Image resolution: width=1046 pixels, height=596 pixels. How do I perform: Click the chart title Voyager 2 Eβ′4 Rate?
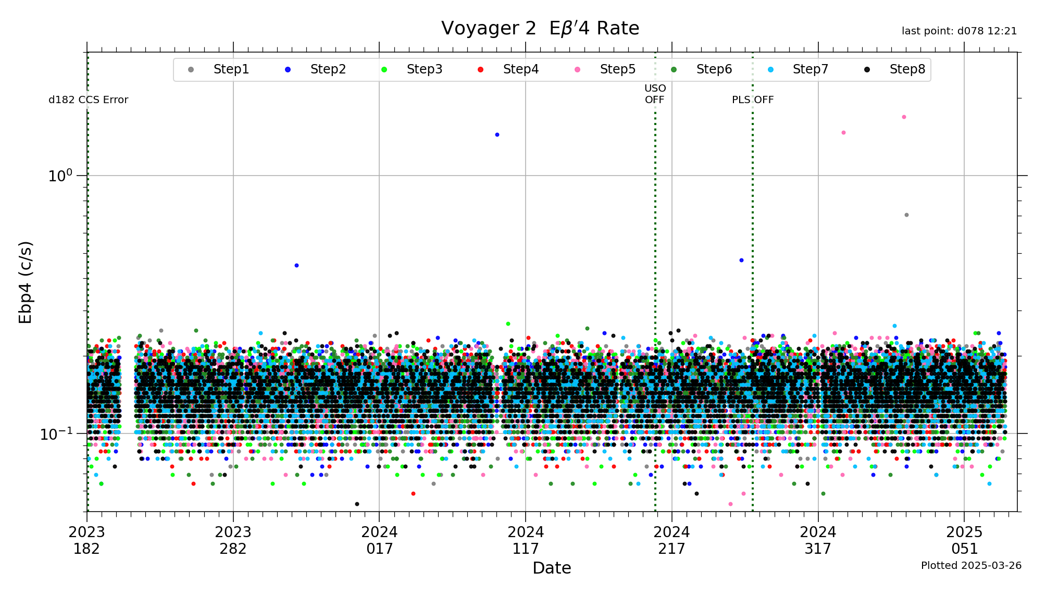(x=540, y=28)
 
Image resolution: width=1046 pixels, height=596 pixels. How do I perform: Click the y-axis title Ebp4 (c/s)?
(x=25, y=282)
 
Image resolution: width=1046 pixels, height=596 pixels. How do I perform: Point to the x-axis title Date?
(x=552, y=568)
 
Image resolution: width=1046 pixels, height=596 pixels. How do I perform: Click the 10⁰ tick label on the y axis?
(x=60, y=176)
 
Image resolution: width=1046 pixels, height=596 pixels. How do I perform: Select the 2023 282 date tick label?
(x=233, y=540)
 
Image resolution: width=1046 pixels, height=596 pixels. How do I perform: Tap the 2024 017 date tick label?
(x=379, y=540)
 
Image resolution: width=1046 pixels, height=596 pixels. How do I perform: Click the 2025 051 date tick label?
(x=964, y=540)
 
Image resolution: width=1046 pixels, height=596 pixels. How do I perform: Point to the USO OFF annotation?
(x=655, y=94)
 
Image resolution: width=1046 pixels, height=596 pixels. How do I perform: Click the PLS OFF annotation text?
(x=753, y=100)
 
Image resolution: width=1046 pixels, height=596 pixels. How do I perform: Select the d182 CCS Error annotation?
(x=88, y=100)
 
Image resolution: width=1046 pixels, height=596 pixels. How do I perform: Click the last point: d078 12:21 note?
(x=959, y=31)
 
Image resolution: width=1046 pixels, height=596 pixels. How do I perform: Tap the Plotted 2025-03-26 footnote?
(x=971, y=565)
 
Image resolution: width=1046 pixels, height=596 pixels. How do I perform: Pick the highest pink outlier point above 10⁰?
(x=904, y=117)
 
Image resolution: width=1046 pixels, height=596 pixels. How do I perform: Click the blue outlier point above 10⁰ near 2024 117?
(x=497, y=135)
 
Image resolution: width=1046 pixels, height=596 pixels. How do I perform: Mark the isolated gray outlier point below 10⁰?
(x=906, y=215)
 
